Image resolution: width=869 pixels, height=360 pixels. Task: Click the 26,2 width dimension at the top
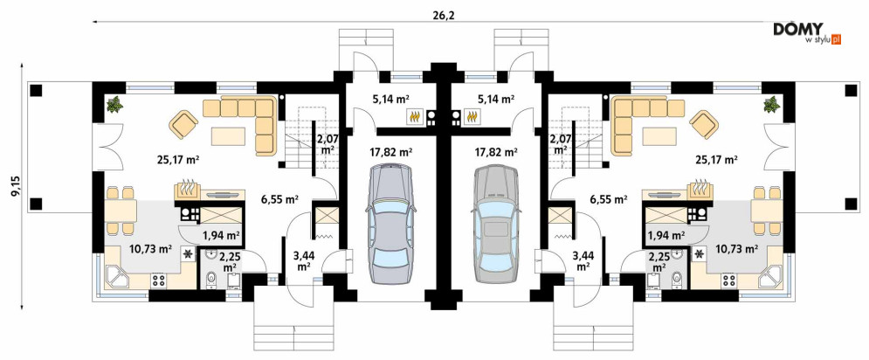click(x=443, y=15)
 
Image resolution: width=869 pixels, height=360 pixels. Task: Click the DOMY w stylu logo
click(x=808, y=32)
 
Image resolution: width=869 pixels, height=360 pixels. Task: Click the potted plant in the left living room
click(x=114, y=104)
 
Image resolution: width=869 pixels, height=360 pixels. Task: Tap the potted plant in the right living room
click(x=771, y=104)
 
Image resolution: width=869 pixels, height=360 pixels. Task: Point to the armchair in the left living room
click(x=183, y=125)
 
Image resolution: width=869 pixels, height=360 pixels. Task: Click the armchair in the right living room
click(x=703, y=125)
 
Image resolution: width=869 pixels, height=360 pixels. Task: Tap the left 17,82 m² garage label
click(x=390, y=151)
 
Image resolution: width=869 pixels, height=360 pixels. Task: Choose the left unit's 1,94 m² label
click(x=221, y=235)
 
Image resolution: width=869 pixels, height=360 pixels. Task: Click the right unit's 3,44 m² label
click(x=582, y=260)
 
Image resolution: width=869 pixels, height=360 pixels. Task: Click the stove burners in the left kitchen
click(x=158, y=280)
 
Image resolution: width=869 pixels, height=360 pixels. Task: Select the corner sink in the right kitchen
click(x=770, y=277)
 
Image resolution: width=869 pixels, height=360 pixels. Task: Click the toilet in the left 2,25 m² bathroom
click(x=210, y=280)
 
